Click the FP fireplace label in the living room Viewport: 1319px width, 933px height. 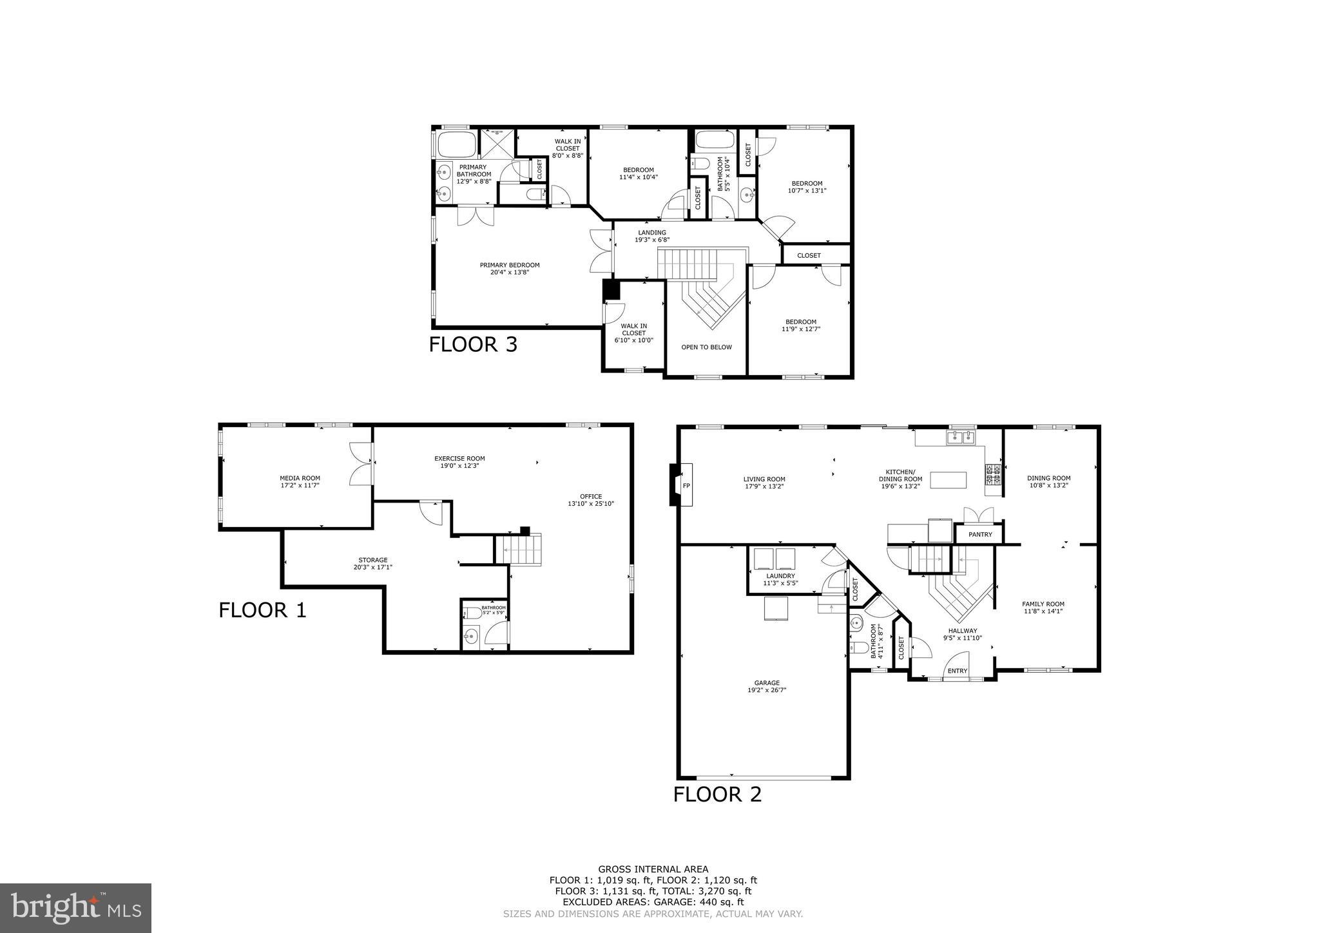[x=686, y=485]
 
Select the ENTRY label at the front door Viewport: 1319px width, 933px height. [x=958, y=671]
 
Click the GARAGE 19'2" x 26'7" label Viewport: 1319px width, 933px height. [x=767, y=686]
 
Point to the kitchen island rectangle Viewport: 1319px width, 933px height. [x=948, y=480]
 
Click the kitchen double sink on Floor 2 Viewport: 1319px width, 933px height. [x=961, y=438]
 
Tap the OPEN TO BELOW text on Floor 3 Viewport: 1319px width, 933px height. [x=706, y=347]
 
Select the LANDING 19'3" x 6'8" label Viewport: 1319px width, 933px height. [x=652, y=236]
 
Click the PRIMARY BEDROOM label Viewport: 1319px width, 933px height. [x=509, y=268]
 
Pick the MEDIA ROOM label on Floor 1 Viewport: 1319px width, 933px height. [x=300, y=481]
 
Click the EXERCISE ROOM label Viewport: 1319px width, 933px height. [x=459, y=462]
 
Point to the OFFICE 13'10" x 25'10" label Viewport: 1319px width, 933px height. [x=591, y=499]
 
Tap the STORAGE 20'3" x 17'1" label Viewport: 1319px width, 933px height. [x=373, y=563]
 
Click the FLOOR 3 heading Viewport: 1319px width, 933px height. [x=473, y=345]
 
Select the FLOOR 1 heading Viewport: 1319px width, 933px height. [x=262, y=610]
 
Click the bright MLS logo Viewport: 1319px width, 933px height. [x=75, y=908]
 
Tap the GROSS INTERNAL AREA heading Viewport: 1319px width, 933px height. [x=653, y=869]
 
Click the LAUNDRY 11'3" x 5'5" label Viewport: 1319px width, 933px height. [x=780, y=579]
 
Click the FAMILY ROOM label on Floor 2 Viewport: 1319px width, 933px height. [x=1043, y=608]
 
